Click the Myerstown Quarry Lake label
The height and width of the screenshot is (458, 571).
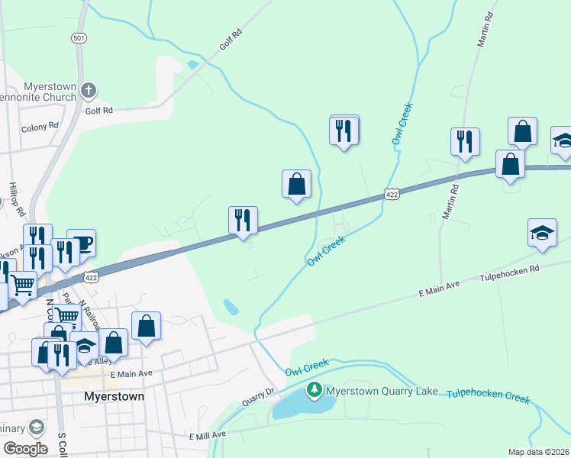pos(382,391)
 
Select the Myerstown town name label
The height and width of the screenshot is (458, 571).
pos(115,397)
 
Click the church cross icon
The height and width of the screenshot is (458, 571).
pos(89,91)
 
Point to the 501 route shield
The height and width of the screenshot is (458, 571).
pos(80,37)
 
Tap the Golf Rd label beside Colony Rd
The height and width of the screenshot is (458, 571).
pos(99,111)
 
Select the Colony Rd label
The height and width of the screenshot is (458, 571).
pos(40,127)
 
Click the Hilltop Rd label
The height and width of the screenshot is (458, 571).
pos(15,198)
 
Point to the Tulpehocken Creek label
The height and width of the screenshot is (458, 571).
pos(488,396)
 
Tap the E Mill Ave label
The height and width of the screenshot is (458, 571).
pos(208,434)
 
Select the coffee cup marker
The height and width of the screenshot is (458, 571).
pos(82,243)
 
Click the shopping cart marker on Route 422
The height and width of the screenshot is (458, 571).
pos(23,285)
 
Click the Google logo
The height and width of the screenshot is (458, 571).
pos(25,449)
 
